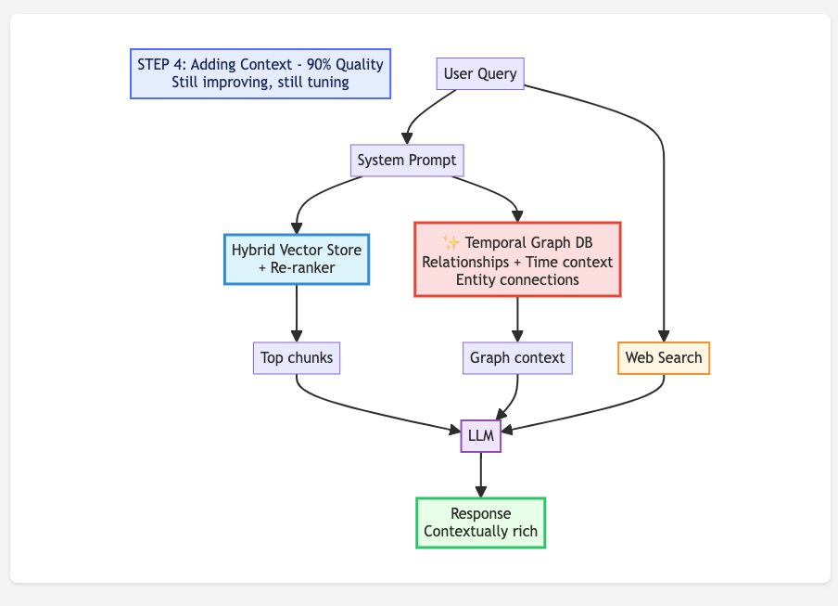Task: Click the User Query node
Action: click(480, 74)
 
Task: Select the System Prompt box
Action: click(407, 160)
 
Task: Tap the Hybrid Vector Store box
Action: click(297, 259)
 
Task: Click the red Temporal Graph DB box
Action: click(517, 260)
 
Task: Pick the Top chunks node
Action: click(297, 358)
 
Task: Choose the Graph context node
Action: click(517, 358)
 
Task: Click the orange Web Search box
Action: click(664, 358)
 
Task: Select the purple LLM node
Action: click(480, 436)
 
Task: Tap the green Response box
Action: click(480, 523)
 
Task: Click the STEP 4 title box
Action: click(260, 73)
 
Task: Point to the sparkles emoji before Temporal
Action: click(451, 243)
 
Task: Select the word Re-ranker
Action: click(304, 268)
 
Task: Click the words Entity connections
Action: click(517, 279)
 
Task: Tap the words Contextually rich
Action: click(480, 533)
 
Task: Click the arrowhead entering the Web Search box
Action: click(664, 337)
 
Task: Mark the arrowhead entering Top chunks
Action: click(297, 337)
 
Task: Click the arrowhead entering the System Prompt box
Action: click(407, 139)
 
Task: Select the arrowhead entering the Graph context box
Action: click(517, 337)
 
